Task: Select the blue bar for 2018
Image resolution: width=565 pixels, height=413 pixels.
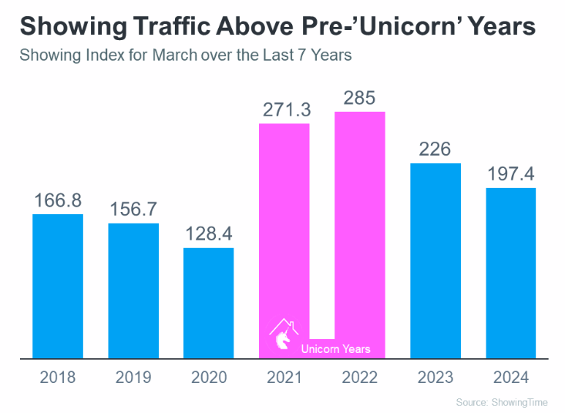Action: click(58, 286)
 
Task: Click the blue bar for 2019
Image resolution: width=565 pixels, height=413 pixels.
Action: click(133, 290)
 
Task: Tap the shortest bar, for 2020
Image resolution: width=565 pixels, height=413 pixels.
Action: click(208, 303)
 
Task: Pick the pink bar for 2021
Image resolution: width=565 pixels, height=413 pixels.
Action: click(284, 231)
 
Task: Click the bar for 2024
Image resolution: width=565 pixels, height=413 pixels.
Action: click(510, 273)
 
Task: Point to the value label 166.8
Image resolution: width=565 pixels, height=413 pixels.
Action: click(58, 201)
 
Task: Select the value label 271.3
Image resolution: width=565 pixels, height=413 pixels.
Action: click(284, 109)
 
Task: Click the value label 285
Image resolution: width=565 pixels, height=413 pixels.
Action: click(359, 99)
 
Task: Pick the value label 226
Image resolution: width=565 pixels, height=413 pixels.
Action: click(435, 149)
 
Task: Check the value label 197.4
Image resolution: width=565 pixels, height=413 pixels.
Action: click(510, 175)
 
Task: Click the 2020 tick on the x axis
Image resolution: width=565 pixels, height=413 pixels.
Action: click(208, 378)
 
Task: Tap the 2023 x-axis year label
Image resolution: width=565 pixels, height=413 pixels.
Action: click(435, 378)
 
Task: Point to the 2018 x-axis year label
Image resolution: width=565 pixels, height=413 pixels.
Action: click(58, 378)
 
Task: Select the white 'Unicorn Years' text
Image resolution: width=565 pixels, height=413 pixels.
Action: click(335, 349)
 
